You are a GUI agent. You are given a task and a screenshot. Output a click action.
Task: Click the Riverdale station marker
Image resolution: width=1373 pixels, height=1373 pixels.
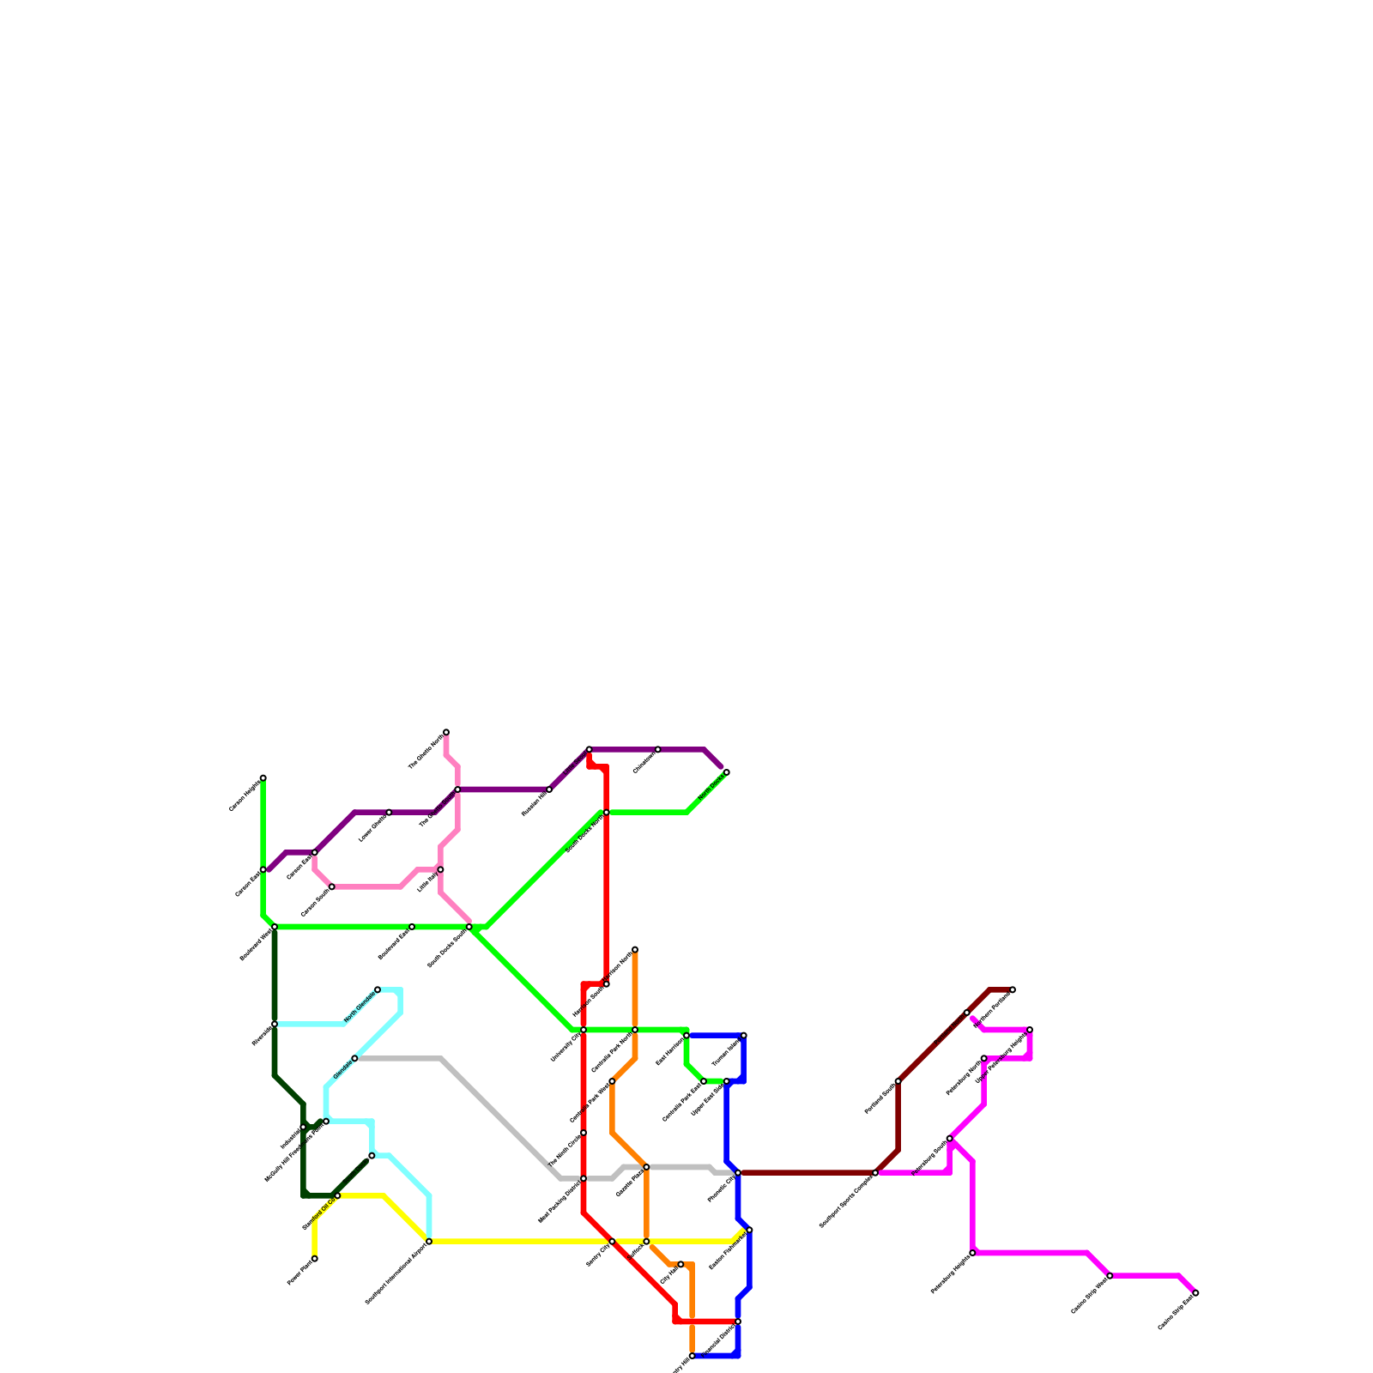pos(275,1024)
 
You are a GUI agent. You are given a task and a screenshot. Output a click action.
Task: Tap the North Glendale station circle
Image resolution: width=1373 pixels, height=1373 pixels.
pos(378,989)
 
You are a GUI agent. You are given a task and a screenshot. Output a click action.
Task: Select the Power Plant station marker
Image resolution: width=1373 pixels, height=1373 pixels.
pos(315,1258)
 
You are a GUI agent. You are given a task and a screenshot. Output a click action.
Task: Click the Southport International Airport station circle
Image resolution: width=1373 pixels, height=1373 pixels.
pos(429,1242)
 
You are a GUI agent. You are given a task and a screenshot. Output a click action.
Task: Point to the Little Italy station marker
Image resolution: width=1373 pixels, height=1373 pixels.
pos(441,870)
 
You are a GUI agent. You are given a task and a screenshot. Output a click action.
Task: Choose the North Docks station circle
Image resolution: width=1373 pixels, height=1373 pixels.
pos(727,772)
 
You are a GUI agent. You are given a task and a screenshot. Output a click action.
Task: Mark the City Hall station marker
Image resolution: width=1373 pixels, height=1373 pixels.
pos(680,1265)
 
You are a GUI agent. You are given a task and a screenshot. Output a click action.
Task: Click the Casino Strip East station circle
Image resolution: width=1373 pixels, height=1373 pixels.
pos(1196,1293)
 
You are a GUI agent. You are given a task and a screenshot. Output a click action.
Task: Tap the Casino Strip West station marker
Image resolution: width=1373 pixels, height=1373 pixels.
pos(1110,1276)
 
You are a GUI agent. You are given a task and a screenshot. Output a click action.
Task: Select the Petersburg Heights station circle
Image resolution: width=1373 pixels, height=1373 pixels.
pos(972,1253)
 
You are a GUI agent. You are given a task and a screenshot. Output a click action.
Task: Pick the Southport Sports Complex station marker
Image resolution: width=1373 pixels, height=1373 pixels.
pos(875,1173)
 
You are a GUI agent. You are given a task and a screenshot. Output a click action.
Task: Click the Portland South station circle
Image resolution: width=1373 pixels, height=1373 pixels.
pos(898,1081)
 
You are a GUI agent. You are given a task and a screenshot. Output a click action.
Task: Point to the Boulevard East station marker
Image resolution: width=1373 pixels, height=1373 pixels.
pos(412,927)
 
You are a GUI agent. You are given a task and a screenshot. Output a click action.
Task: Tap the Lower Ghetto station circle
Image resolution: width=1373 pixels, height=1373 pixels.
pos(390,812)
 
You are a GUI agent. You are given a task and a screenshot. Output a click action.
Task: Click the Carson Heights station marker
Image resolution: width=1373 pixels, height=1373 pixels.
pos(263,777)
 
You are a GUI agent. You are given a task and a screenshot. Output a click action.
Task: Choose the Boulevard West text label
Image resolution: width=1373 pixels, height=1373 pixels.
pos(256,944)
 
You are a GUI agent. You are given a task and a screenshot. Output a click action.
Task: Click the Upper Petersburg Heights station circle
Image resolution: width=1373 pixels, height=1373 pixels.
pos(1030,1030)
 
